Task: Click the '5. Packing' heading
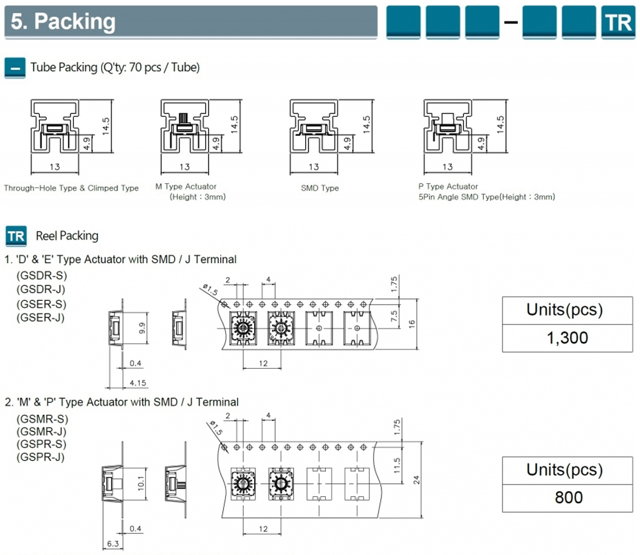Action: tap(63, 22)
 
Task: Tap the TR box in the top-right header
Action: tap(617, 22)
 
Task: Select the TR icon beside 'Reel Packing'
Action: tap(17, 236)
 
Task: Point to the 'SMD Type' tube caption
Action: tap(319, 188)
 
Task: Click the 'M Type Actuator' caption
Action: tap(186, 186)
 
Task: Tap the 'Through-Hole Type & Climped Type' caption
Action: tap(71, 188)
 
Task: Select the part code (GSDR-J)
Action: tap(41, 289)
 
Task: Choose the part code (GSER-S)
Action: tap(41, 303)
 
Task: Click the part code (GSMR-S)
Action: tap(42, 419)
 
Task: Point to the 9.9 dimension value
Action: tap(143, 329)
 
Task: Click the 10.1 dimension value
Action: tap(142, 479)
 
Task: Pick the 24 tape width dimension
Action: tap(418, 478)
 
